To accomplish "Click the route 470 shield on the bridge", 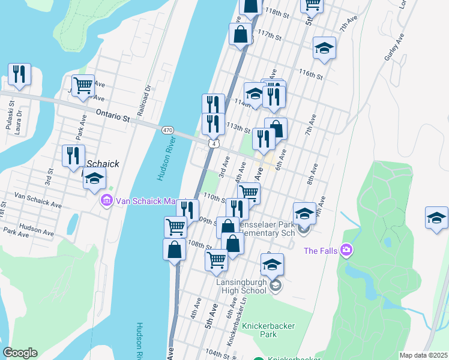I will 167,130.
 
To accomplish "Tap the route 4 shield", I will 214,143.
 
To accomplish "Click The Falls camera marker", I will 346,250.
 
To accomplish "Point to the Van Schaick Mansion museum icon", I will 107,200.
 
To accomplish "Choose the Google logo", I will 20,353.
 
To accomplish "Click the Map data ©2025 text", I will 423,355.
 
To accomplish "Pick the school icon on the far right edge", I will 436,218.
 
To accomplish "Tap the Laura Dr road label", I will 19,122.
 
